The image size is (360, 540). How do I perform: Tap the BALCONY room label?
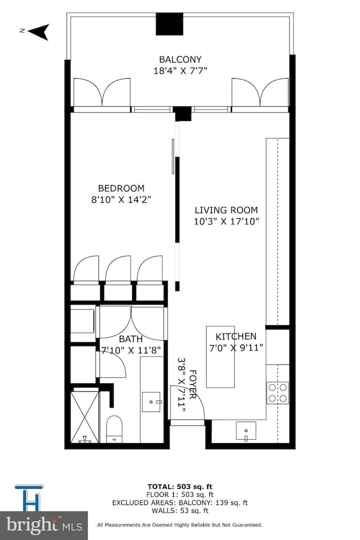coord(180,60)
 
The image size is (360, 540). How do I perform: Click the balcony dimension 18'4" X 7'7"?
coord(180,71)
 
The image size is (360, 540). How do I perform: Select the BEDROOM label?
coord(121,188)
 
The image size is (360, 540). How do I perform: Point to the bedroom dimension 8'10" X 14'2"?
coord(121,200)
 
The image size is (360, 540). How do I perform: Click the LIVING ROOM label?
coord(226,210)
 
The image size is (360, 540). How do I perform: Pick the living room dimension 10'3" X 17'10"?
coord(227,222)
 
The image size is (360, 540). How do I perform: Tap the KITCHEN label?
coord(236,337)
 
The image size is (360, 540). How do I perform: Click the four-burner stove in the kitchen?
coord(277,393)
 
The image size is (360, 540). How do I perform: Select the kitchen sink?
coord(246,431)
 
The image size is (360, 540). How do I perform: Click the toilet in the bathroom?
coord(115,429)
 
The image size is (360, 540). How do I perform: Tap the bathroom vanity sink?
coord(151,402)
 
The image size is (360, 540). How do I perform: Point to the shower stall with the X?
coord(85,415)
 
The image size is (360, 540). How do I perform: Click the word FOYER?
coord(193,384)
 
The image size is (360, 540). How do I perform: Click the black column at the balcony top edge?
coord(169,24)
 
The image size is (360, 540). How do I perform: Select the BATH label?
coord(131,339)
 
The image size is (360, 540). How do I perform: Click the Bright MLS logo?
coord(44,526)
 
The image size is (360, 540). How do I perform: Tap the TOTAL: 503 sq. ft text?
coord(180,487)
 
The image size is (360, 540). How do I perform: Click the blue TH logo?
coord(29,498)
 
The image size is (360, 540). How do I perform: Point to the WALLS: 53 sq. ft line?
coord(180,511)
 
